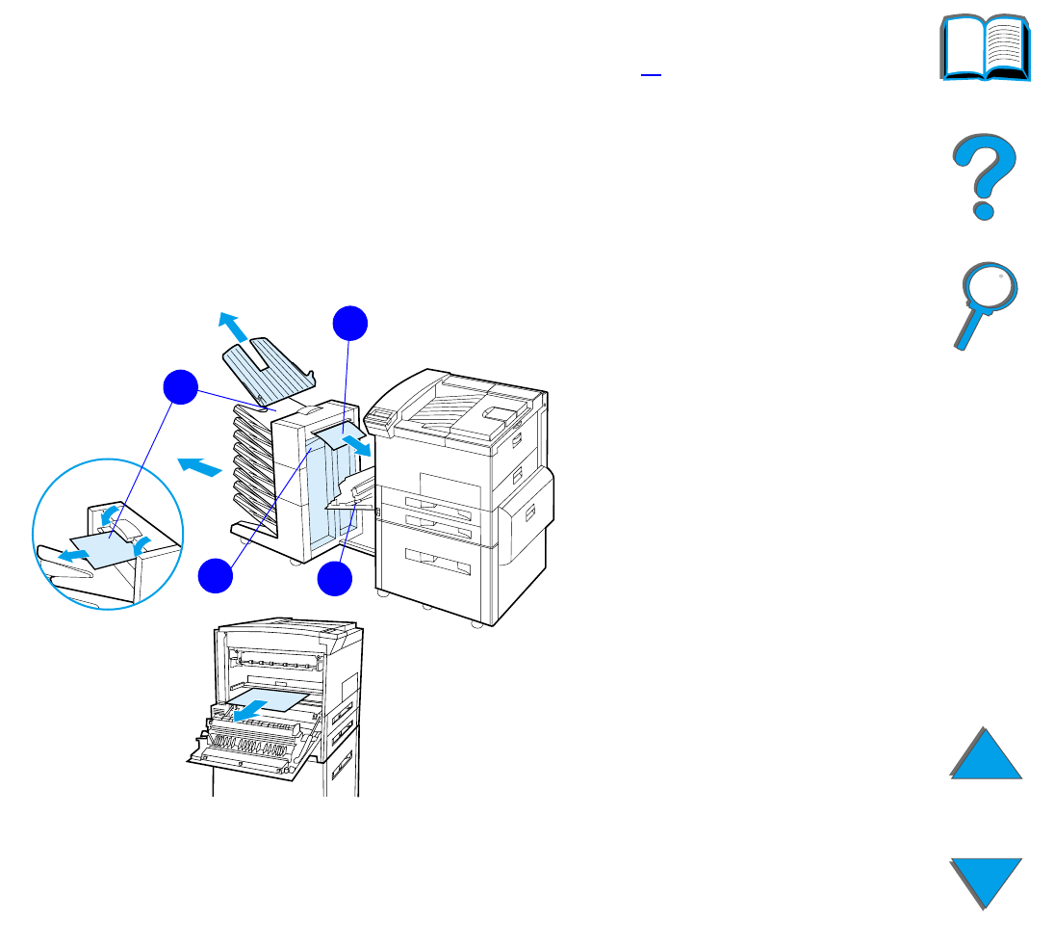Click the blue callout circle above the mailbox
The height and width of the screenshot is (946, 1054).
(350, 324)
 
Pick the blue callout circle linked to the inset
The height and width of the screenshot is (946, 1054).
(179, 388)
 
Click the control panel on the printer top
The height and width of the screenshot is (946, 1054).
(381, 416)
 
